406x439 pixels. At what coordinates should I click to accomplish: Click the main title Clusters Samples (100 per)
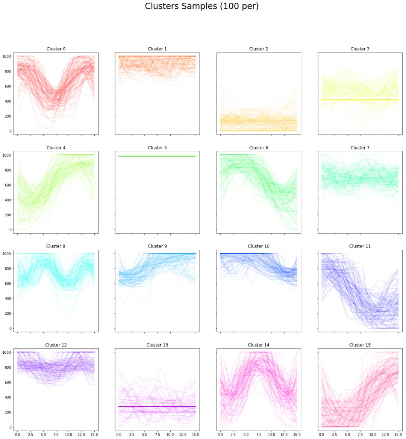[x=201, y=6]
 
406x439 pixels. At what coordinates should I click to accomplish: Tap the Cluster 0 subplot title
[x=56, y=49]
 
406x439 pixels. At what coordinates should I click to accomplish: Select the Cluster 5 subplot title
[x=157, y=148]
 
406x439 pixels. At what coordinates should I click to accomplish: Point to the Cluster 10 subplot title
[x=259, y=246]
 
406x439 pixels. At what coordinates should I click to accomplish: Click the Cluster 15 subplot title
[x=360, y=345]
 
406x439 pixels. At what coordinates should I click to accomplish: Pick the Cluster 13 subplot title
[x=157, y=345]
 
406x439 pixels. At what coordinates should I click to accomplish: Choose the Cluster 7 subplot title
[x=360, y=148]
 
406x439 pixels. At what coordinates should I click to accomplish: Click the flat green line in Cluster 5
[x=157, y=156]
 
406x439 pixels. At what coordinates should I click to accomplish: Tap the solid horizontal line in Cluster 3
[x=360, y=100]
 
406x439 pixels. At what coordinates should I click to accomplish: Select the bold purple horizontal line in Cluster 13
[x=157, y=407]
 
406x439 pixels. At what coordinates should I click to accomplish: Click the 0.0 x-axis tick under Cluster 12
[x=18, y=434]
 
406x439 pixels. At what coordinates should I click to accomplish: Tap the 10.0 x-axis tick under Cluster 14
[x=271, y=434]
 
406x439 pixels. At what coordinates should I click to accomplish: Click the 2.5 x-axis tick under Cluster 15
[x=334, y=434]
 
